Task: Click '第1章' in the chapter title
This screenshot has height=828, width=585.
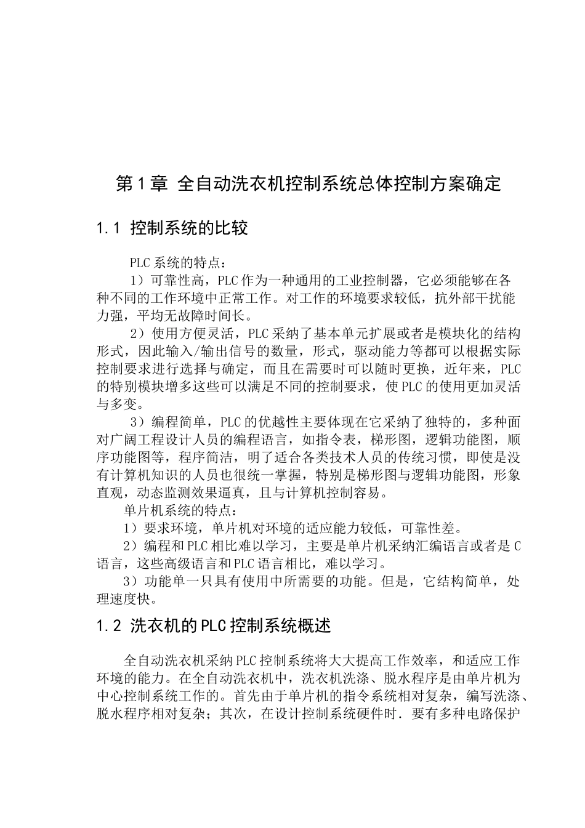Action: pyautogui.click(x=141, y=183)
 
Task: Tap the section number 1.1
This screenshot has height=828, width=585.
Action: pyautogui.click(x=110, y=229)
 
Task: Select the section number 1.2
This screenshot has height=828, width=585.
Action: pyautogui.click(x=110, y=626)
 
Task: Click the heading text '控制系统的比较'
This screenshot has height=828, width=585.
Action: pyautogui.click(x=189, y=229)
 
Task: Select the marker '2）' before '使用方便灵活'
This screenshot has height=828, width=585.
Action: pyautogui.click(x=137, y=334)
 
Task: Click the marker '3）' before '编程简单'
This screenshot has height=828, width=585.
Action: pyautogui.click(x=137, y=422)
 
